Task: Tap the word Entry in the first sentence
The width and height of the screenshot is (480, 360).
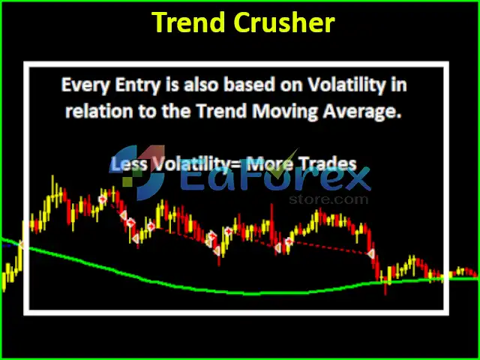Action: tap(137, 85)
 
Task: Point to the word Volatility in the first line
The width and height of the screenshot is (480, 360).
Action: tap(346, 84)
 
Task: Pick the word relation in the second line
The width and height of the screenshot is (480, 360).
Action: tap(99, 111)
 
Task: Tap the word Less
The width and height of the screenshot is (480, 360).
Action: tap(128, 163)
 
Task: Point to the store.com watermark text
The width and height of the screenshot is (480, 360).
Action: tap(328, 199)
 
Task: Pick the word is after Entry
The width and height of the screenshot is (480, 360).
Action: tap(172, 84)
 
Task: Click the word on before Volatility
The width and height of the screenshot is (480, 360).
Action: tap(291, 85)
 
